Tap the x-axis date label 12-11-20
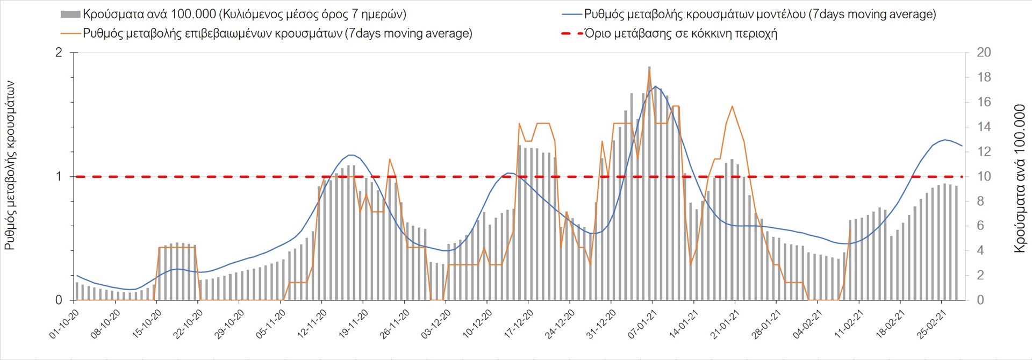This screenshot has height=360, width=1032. [x=312, y=324]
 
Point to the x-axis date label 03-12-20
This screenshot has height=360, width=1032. [x=435, y=324]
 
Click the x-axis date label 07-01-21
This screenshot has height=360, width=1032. [x=642, y=324]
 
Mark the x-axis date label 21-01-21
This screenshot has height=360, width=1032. [x=725, y=324]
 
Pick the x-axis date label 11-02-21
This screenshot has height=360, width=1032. [x=848, y=324]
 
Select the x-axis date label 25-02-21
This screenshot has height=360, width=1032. [x=931, y=324]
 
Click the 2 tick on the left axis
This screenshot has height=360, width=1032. [x=59, y=53]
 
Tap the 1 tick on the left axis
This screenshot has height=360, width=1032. [x=59, y=176]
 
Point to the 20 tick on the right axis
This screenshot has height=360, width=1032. [x=984, y=53]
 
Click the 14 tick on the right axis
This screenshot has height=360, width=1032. [x=984, y=127]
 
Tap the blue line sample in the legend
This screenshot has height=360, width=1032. [x=572, y=15]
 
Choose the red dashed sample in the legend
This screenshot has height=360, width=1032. [x=572, y=33]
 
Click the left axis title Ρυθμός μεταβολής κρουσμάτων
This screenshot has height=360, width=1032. [x=10, y=165]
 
